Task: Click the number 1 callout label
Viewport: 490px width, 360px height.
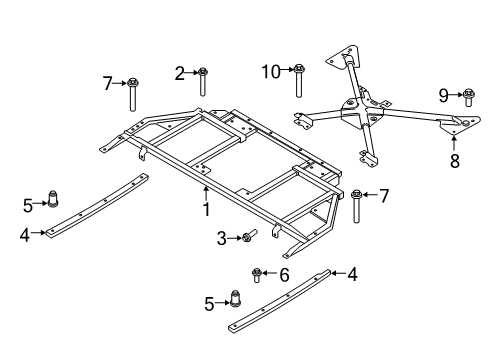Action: [x=207, y=209]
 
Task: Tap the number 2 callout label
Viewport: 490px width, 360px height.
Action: [x=180, y=72]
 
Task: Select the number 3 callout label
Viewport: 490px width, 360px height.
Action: [x=221, y=237]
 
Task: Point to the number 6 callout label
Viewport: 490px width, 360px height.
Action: [x=283, y=274]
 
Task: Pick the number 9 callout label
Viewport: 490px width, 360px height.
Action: [x=444, y=95]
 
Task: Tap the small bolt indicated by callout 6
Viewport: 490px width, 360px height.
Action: [x=257, y=273]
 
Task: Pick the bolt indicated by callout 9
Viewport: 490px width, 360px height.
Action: [x=468, y=97]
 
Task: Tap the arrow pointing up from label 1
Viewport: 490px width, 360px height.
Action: [x=207, y=193]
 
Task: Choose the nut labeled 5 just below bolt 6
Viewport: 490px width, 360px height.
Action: [x=238, y=297]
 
